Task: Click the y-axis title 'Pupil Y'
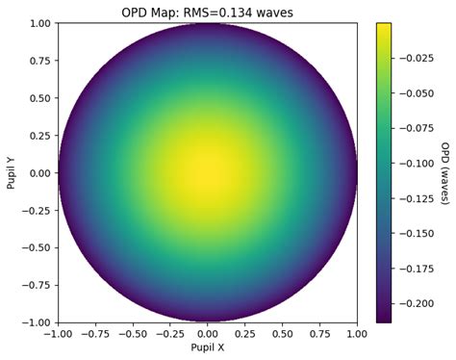point(12,173)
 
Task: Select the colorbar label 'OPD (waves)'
point(444,173)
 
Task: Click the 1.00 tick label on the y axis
point(38,23)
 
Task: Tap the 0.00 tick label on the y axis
point(38,173)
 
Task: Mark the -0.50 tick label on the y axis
point(36,248)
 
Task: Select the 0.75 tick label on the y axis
point(38,61)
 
